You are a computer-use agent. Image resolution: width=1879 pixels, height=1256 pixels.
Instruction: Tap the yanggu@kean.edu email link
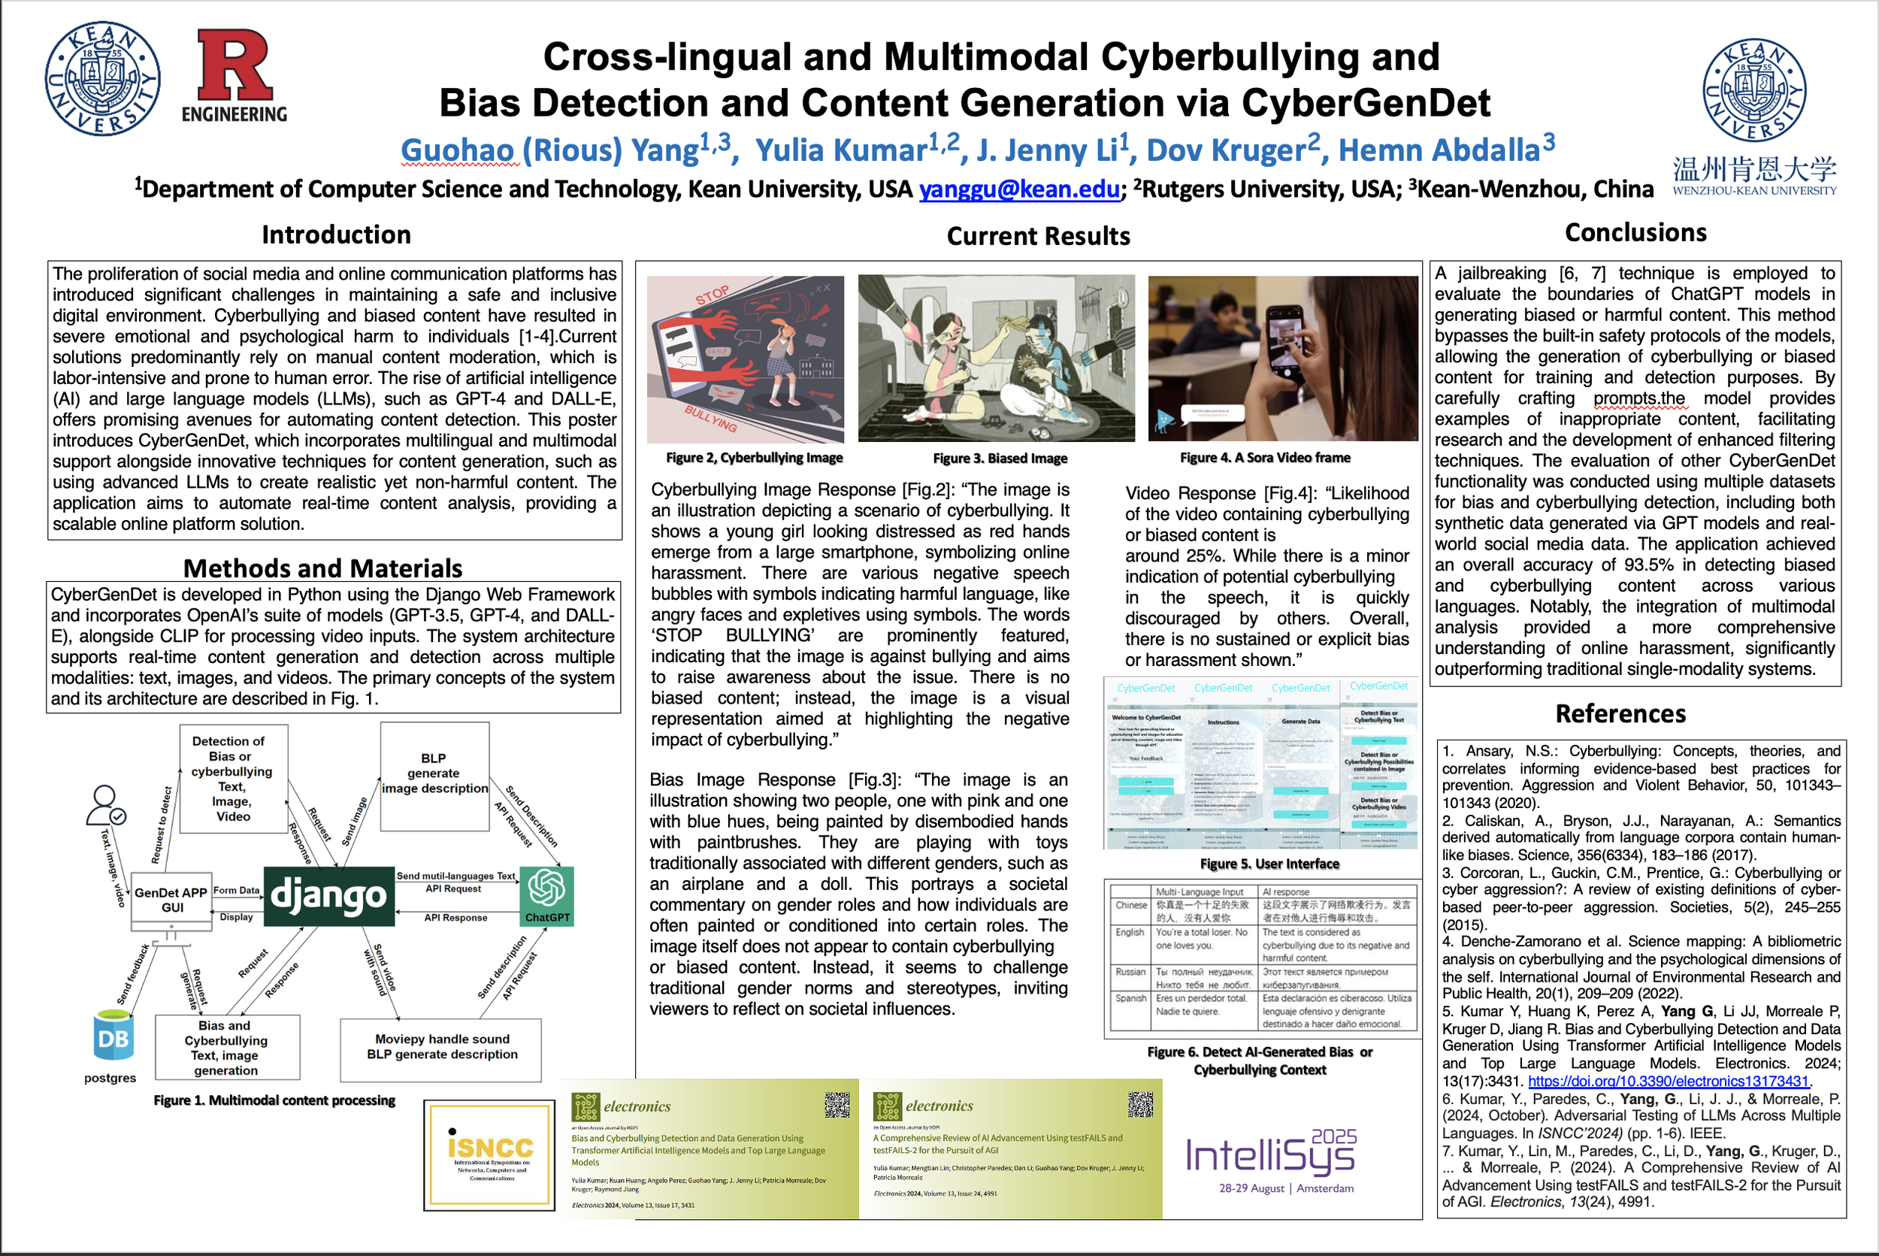(x=1018, y=189)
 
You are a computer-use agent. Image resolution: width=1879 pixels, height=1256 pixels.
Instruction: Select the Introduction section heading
(x=336, y=235)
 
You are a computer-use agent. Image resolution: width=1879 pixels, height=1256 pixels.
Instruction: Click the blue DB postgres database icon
(x=112, y=1037)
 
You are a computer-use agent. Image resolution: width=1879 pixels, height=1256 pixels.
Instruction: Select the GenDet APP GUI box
(x=171, y=900)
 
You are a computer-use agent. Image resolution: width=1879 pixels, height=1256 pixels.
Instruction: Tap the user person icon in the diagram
(x=105, y=804)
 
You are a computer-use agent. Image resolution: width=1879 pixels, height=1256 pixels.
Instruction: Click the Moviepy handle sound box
(x=441, y=1047)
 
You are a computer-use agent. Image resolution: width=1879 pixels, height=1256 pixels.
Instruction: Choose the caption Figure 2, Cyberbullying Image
(x=754, y=458)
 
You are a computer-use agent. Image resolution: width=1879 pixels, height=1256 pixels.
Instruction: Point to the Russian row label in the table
(x=1130, y=972)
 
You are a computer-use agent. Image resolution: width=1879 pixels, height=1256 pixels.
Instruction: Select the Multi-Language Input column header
(x=1199, y=891)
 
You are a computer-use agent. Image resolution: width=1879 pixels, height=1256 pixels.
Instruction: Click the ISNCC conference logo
(x=490, y=1155)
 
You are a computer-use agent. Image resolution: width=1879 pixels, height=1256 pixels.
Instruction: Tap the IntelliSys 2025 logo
(x=1271, y=1158)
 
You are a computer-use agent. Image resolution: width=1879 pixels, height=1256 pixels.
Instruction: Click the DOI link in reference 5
(x=1669, y=1082)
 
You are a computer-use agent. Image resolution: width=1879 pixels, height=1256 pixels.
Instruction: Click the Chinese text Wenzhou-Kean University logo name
(x=1754, y=170)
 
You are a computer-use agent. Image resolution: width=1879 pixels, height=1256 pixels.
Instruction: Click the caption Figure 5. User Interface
(x=1269, y=864)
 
